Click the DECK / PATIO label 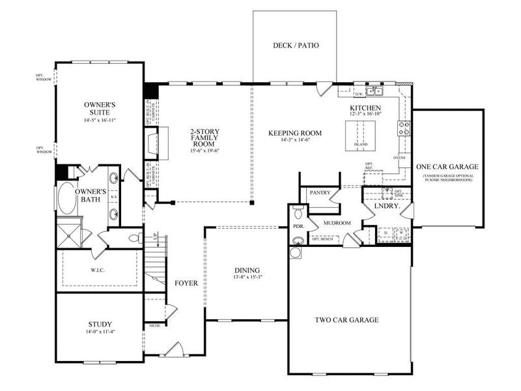(x=295, y=46)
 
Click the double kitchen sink (x=374, y=91)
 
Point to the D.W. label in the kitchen (x=358, y=93)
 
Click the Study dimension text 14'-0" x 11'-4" (x=99, y=332)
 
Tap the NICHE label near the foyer (x=154, y=324)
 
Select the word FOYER (x=186, y=283)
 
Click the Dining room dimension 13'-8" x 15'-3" (x=247, y=278)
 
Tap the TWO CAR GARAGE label (x=346, y=320)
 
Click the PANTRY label (x=320, y=193)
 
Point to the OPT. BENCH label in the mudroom (x=324, y=239)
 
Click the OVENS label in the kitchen (x=399, y=157)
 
